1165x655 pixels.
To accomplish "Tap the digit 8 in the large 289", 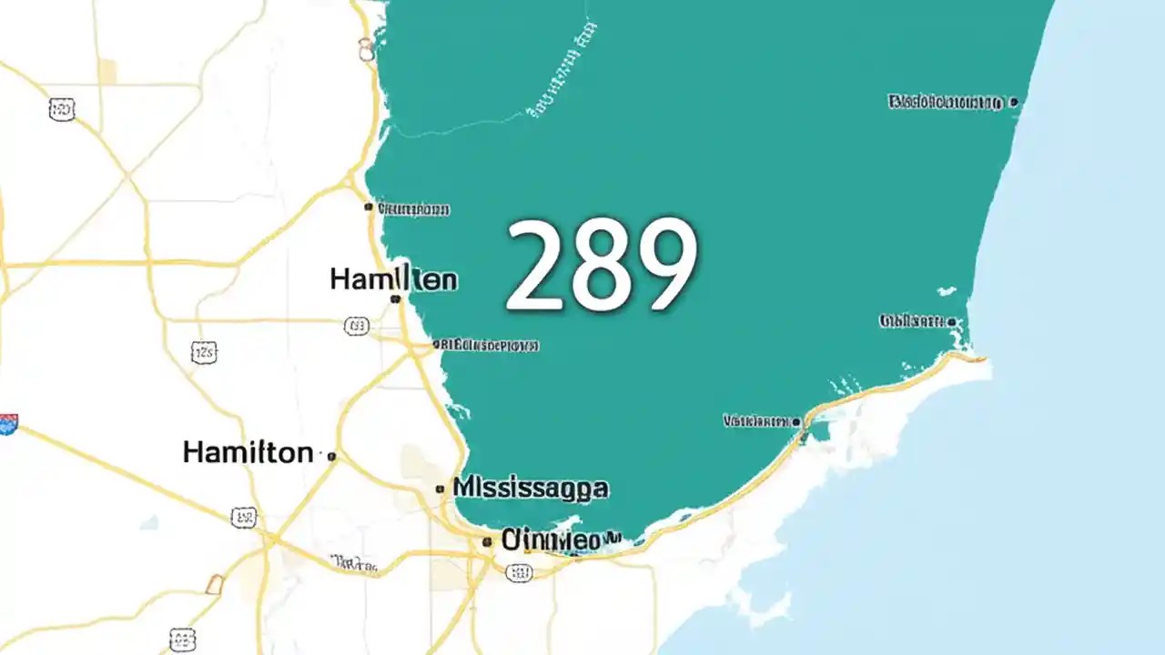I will pos(602,266).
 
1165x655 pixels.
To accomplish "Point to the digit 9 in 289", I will pos(664,266).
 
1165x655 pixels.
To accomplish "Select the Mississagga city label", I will pos(530,488).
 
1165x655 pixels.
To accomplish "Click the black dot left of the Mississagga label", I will pos(441,489).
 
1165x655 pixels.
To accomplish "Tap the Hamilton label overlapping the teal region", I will pos(393,278).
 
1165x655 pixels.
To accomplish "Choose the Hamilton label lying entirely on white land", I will pos(248,451).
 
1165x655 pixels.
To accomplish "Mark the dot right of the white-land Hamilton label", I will pos(331,456).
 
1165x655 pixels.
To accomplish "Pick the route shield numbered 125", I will pos(204,352).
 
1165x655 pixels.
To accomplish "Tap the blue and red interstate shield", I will pos(8,423).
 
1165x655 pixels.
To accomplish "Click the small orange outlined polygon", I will pos(214,584).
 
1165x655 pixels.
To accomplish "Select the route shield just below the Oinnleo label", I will pos(518,572).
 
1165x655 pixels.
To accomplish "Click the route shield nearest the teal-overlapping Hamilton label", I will pos(357,326).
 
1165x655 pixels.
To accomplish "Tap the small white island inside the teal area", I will pos(947,292).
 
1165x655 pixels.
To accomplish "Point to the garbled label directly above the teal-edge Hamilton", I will pos(411,209).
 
